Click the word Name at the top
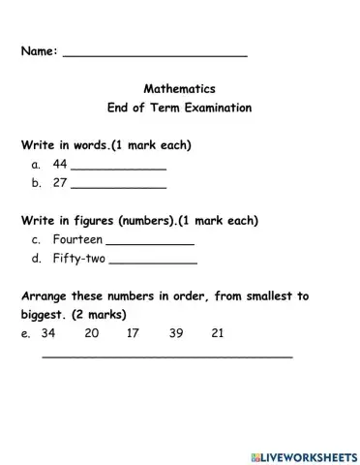38,51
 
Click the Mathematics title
179,88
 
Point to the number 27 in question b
60,182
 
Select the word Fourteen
77,239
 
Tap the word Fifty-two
80,259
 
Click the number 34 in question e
49,334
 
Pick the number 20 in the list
92,334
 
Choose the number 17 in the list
134,334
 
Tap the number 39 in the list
175,334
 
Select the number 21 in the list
218,334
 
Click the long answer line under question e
166,357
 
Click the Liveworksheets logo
303,455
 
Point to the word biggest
45,316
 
